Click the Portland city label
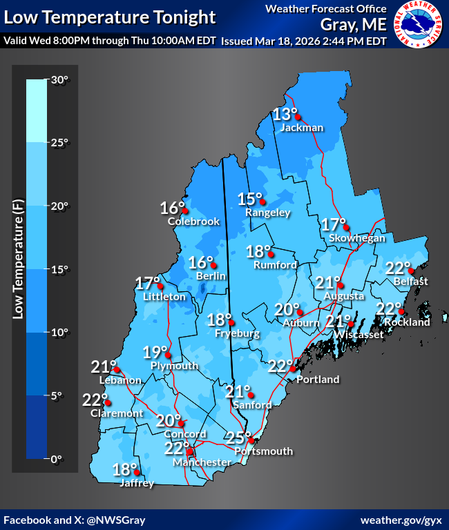pyautogui.click(x=318, y=379)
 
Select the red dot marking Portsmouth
pyautogui.click(x=252, y=440)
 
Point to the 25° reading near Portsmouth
pyautogui.click(x=238, y=437)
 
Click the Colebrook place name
pyautogui.click(x=193, y=222)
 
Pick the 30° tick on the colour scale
pyautogui.click(x=59, y=80)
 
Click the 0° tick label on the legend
pyautogui.click(x=57, y=458)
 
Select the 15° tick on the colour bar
pyautogui.click(x=59, y=269)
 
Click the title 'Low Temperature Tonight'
pyautogui.click(x=109, y=17)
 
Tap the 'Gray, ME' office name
pyautogui.click(x=352, y=26)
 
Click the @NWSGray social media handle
pyautogui.click(x=113, y=519)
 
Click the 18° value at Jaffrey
pyautogui.click(x=125, y=470)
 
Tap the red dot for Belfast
pyautogui.click(x=411, y=271)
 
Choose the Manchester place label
pyautogui.click(x=202, y=462)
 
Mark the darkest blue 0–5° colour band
pyautogui.click(x=37, y=426)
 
